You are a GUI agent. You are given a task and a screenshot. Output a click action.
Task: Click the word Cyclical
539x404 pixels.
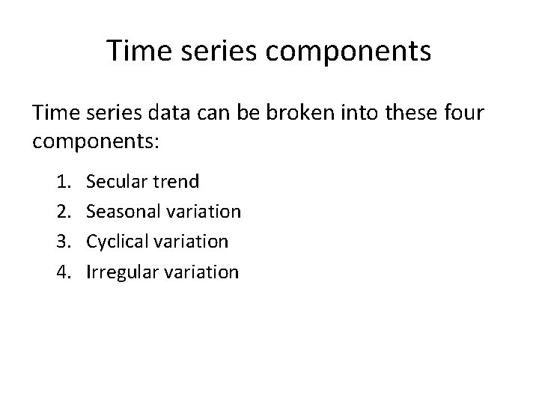click(117, 242)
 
